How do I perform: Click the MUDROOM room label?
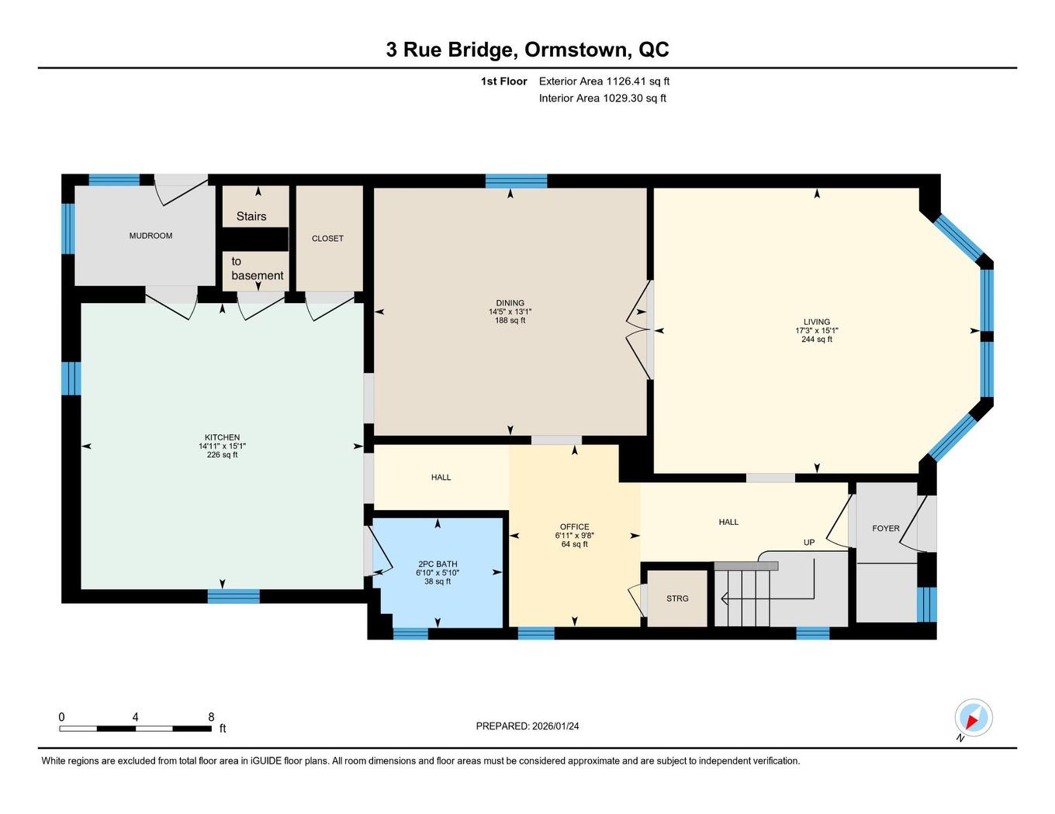coord(150,236)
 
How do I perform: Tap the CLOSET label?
coord(327,239)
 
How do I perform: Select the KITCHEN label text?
coord(222,437)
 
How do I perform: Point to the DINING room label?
coord(510,303)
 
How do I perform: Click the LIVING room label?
coord(817,322)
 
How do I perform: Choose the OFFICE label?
coord(575,527)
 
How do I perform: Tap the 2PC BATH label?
coord(438,564)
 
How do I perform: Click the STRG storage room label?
coord(677,598)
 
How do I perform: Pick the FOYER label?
coord(886,529)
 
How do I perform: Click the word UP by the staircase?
coord(809,543)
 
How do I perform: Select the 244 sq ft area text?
coord(817,340)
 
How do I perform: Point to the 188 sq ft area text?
coord(510,320)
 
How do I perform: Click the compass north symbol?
coord(973,718)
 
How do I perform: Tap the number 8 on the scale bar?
coord(211,718)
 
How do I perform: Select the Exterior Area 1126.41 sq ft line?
coord(604,81)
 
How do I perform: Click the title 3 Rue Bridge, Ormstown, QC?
coord(527,50)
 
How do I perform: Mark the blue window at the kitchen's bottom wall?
coord(233,596)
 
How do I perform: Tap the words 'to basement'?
coord(257,268)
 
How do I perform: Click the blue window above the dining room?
coord(516,181)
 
